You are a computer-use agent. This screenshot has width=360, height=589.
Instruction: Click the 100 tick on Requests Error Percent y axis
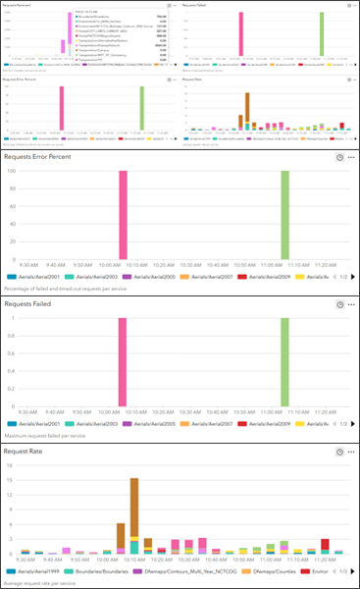tap(12, 170)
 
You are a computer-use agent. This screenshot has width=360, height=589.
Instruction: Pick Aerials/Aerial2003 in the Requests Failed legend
tap(96, 424)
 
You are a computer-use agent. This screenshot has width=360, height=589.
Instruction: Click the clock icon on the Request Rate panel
tap(338, 451)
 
